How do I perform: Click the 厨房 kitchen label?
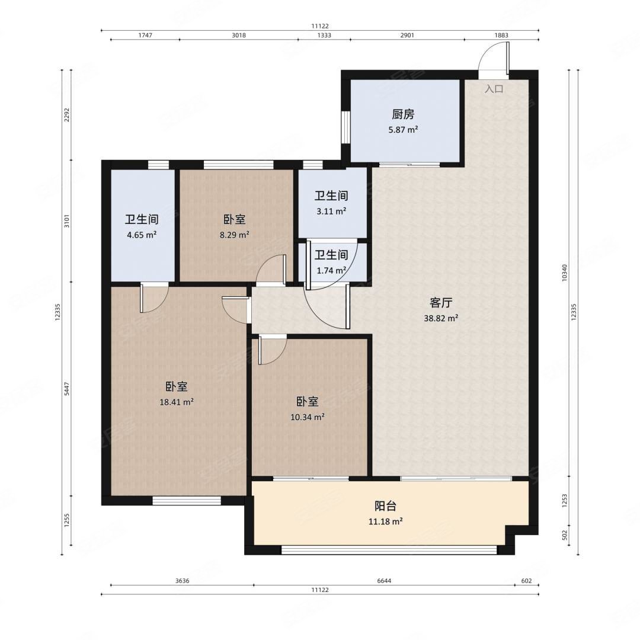pyautogui.click(x=403, y=114)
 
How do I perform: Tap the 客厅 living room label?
pyautogui.click(x=441, y=303)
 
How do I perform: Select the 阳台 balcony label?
pyautogui.click(x=385, y=506)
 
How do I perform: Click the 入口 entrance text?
pyautogui.click(x=494, y=88)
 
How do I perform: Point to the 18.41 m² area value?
pyautogui.click(x=177, y=402)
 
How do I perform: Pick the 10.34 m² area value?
pyautogui.click(x=308, y=417)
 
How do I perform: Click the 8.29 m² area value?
pyautogui.click(x=234, y=235)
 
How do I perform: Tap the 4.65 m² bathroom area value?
pyautogui.click(x=142, y=235)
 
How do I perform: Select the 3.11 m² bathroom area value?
pyautogui.click(x=331, y=211)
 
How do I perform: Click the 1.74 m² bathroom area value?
pyautogui.click(x=331, y=270)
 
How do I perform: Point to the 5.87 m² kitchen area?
pyautogui.click(x=403, y=130)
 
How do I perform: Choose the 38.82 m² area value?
pyautogui.click(x=441, y=318)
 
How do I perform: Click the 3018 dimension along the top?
pyautogui.click(x=239, y=35)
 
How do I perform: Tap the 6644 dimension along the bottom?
pyautogui.click(x=384, y=581)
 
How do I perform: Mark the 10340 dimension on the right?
pyautogui.click(x=565, y=272)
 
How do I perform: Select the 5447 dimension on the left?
pyautogui.click(x=68, y=389)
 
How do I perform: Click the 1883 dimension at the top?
pyautogui.click(x=501, y=35)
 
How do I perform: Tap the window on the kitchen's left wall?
pyautogui.click(x=345, y=127)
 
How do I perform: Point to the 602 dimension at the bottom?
pyautogui.click(x=527, y=581)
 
